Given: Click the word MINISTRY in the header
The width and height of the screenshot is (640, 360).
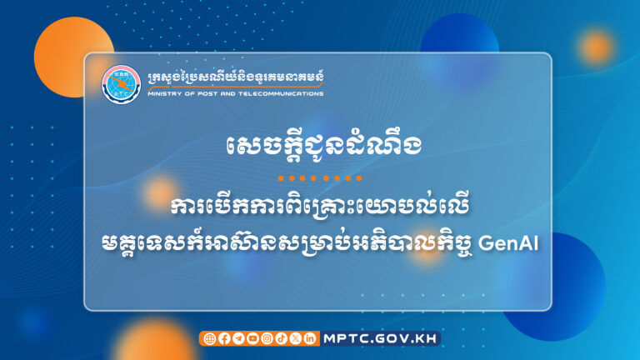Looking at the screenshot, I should [x=163, y=94].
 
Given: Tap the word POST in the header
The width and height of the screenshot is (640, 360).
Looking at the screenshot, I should [x=208, y=94].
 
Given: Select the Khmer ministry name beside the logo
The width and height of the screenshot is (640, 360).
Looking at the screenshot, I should [x=234, y=77].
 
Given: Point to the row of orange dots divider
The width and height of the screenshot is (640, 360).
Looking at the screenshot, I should [x=320, y=178].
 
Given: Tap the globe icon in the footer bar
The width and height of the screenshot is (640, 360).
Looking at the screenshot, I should [x=209, y=338].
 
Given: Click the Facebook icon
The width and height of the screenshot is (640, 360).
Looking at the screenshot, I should [x=223, y=338].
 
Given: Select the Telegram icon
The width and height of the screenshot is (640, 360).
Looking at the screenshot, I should [x=237, y=338].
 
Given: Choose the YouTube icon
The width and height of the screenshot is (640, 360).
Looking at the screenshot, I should [x=252, y=338].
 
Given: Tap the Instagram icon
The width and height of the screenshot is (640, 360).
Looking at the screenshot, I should [x=266, y=338].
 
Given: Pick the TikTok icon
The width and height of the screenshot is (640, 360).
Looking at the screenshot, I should [x=280, y=338].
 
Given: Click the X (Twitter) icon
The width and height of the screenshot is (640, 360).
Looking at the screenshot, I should [x=294, y=338].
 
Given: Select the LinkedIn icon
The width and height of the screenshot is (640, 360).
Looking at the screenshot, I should [x=309, y=338].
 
